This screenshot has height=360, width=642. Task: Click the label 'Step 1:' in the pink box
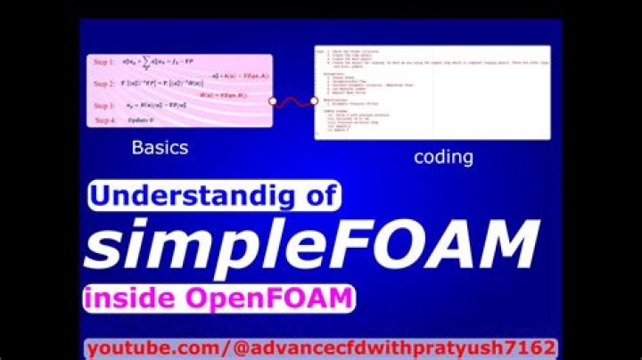[104, 62]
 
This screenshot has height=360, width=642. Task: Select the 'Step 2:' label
[104, 84]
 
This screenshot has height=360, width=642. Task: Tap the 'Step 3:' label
[104, 105]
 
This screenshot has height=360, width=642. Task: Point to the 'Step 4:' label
[105, 119]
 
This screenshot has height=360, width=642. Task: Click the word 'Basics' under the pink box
[160, 148]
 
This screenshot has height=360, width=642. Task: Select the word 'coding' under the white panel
[443, 158]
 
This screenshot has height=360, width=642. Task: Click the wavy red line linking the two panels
[293, 101]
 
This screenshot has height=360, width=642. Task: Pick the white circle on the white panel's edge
[313, 101]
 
